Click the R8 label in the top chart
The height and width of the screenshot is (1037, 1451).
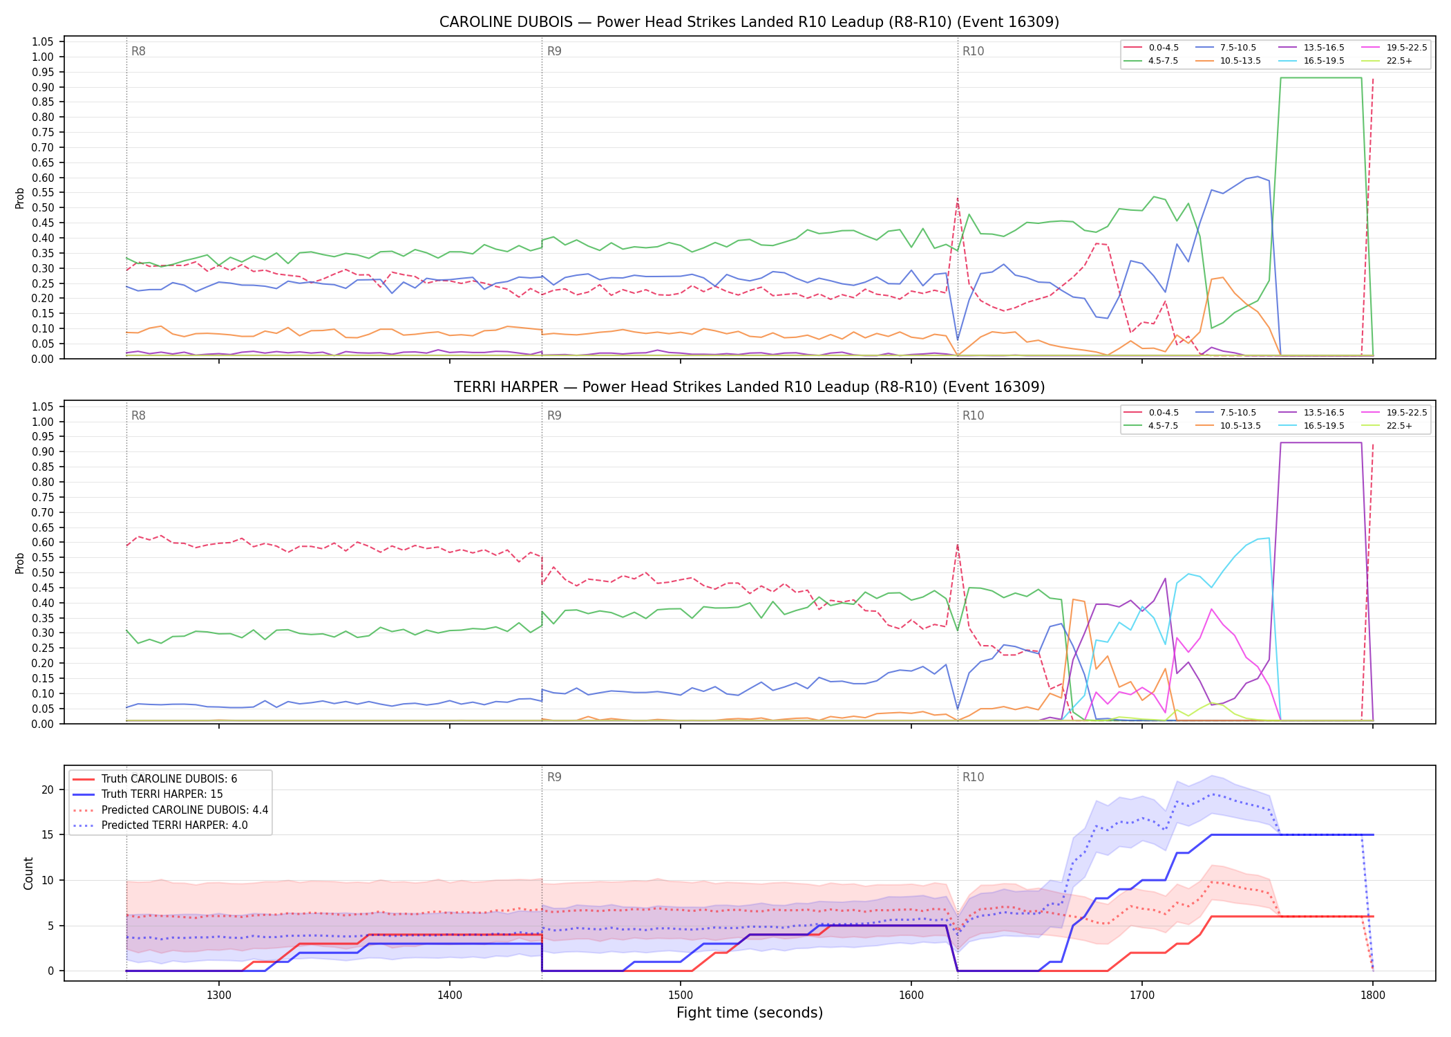(138, 51)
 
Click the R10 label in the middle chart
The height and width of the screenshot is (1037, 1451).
(973, 415)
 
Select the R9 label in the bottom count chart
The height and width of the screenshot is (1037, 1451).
(554, 777)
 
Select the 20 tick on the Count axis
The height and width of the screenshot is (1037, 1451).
(48, 790)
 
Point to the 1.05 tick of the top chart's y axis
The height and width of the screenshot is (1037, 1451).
(43, 42)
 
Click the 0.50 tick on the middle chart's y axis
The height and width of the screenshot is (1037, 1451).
(43, 572)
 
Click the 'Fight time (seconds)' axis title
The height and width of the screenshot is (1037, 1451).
(750, 1013)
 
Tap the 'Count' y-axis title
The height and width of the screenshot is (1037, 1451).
(28, 873)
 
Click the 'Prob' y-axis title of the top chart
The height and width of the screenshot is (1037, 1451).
(20, 198)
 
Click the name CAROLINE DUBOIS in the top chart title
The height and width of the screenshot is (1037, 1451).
(506, 22)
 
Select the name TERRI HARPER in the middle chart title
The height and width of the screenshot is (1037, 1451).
(506, 387)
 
